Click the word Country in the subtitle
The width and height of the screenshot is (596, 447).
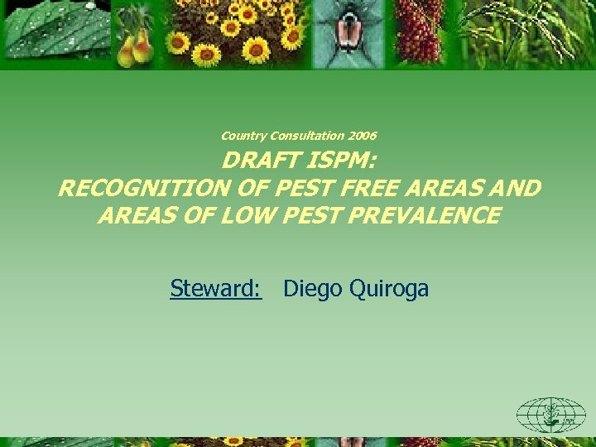click(x=243, y=136)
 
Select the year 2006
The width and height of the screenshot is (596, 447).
click(x=363, y=136)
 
